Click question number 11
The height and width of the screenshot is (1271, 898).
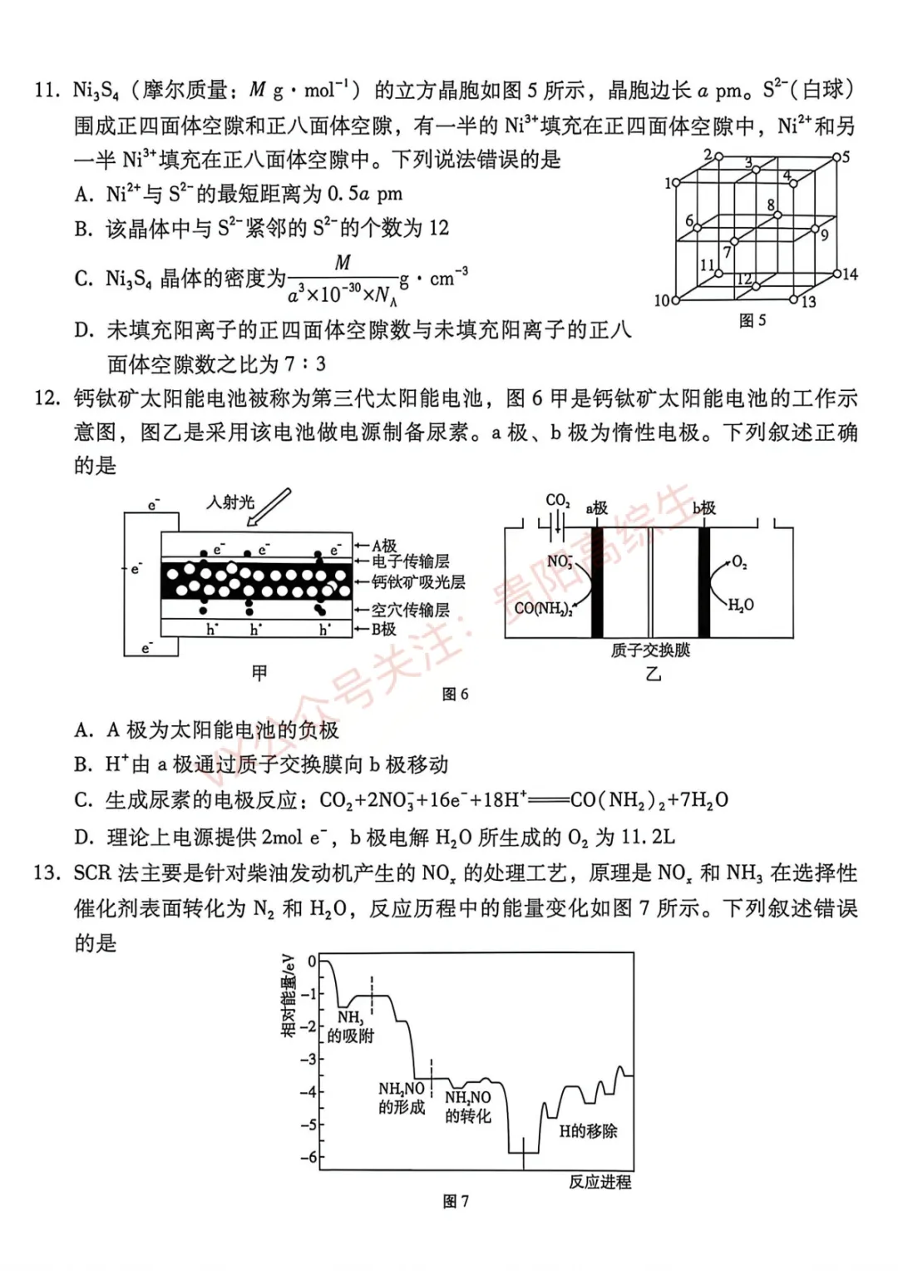point(47,90)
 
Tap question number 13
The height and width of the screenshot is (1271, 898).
point(47,873)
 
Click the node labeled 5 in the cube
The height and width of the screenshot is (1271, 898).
point(837,156)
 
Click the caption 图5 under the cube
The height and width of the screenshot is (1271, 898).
point(752,320)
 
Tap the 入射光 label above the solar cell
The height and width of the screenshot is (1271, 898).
point(230,502)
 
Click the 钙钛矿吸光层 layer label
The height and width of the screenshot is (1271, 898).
point(418,582)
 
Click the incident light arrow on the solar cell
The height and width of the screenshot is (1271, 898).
point(269,507)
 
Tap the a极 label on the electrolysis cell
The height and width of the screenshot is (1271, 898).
point(596,507)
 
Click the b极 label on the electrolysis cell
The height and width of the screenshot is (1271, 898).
point(703,507)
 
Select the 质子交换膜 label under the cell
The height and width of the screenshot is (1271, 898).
point(650,650)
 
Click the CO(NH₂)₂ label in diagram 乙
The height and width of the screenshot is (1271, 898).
point(543,608)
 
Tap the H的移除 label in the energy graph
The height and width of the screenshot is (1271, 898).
point(588,1130)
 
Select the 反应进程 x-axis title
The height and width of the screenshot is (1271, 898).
point(599,1181)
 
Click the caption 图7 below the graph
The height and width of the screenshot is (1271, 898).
point(456,1201)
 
